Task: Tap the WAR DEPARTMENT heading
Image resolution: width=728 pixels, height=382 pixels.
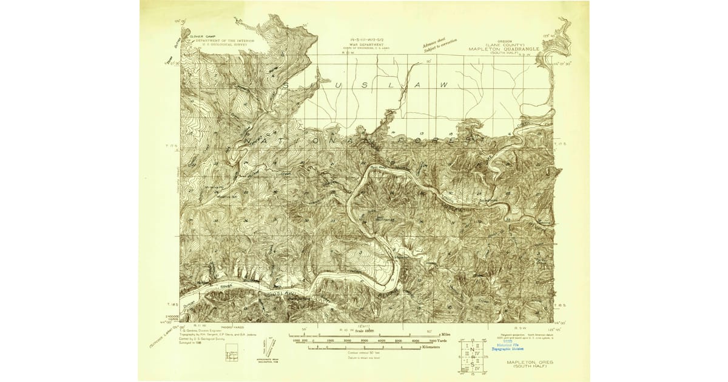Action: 362,42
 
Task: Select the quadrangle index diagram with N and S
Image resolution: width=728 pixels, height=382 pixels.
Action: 471,355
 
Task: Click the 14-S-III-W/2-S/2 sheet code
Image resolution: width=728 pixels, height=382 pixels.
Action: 362,38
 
